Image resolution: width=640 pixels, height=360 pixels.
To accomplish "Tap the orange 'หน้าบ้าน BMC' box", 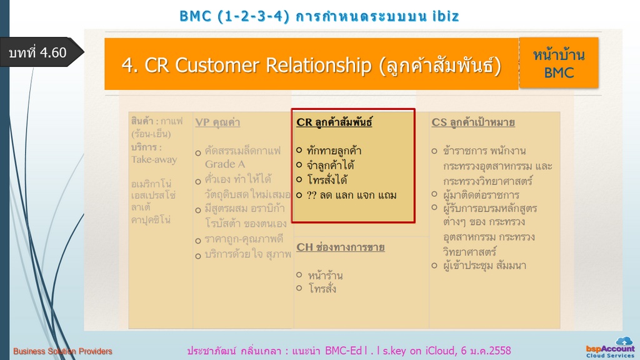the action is tap(559, 63).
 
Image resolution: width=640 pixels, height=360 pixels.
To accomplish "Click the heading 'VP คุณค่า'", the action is tap(217, 122).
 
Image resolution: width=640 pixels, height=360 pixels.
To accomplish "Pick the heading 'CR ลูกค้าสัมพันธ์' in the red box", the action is tap(334, 122).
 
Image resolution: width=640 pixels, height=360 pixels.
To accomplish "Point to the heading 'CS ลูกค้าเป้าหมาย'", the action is tap(473, 122).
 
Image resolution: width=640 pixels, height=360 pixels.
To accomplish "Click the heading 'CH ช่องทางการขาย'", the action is tap(341, 247).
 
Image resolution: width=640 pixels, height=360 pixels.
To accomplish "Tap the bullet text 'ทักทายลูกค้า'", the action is tap(334, 151).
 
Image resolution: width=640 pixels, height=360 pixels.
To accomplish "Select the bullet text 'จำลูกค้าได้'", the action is tap(331, 165).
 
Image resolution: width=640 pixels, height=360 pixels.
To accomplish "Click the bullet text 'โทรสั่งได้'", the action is tap(327, 179).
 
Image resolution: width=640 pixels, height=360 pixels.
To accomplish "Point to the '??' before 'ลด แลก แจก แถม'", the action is tap(312, 195).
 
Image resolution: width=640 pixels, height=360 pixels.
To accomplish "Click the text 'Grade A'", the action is tap(225, 164).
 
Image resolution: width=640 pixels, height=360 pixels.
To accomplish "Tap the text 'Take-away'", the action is tap(154, 159).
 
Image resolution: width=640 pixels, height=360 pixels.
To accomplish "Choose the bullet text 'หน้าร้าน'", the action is tap(325, 276).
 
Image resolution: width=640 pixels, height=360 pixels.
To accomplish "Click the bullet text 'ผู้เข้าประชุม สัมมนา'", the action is tap(485, 266).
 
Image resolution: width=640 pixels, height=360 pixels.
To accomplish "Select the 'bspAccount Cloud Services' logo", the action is tap(610, 347).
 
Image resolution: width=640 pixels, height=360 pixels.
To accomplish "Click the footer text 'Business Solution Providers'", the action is tap(62, 351).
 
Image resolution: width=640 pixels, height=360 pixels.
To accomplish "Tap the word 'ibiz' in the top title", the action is tap(446, 16).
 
